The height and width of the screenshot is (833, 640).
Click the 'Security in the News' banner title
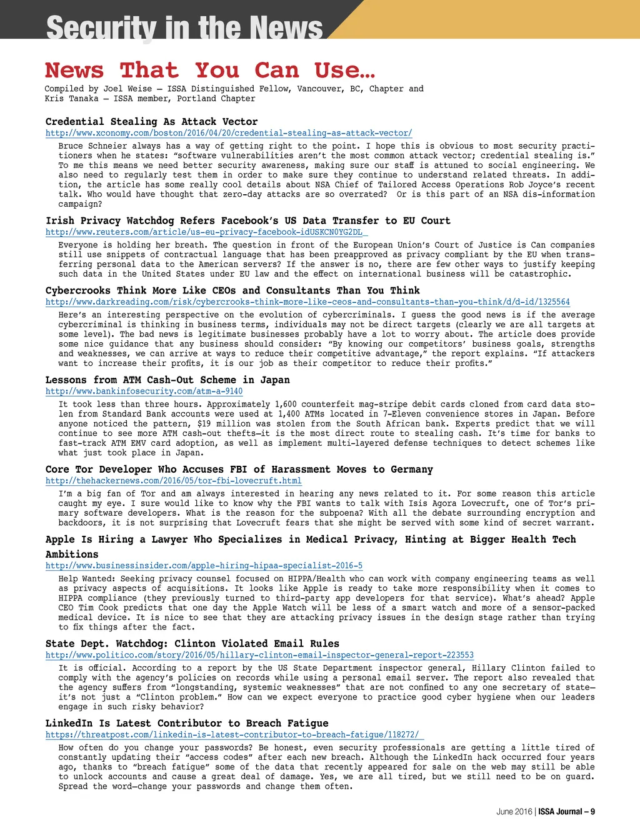[x=184, y=27]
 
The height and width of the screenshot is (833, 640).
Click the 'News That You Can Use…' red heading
[x=210, y=70]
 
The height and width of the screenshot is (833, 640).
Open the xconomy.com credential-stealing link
[x=229, y=133]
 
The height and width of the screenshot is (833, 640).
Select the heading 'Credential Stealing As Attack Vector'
[x=151, y=122]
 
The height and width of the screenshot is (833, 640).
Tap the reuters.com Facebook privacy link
[x=204, y=232]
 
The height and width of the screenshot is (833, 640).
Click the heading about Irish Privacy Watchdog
[x=247, y=220]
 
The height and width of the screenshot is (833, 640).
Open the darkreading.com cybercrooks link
[x=307, y=302]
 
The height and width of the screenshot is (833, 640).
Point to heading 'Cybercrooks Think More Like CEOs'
[x=232, y=290]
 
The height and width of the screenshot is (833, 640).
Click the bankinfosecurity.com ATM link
[x=144, y=391]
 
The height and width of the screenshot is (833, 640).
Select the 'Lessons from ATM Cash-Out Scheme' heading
[x=167, y=380]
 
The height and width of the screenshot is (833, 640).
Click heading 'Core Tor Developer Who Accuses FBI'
[x=239, y=469]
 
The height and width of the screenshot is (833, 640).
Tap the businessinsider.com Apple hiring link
[x=204, y=565]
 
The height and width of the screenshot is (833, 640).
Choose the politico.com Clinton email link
[x=259, y=655]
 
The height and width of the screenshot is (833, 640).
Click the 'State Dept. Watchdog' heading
[x=192, y=643]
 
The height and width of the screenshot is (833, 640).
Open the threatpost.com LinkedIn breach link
[x=231, y=734]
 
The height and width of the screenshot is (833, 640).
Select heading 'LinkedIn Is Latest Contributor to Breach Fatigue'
[x=186, y=723]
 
